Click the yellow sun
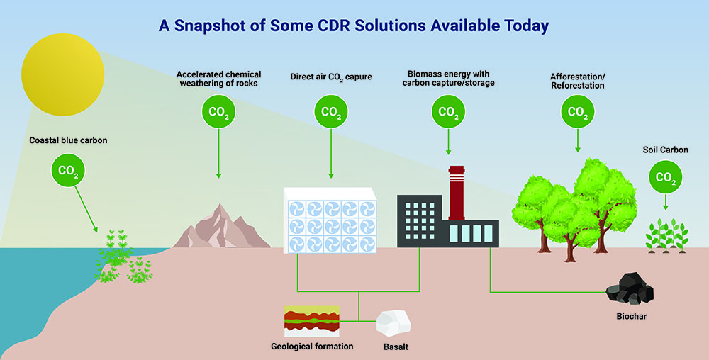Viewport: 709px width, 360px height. tap(63, 74)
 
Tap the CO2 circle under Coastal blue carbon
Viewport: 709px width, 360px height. tap(68, 170)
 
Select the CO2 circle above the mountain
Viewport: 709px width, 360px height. tap(218, 111)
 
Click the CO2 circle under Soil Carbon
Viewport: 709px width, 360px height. tap(666, 177)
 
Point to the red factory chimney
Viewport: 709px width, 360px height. tap(456, 193)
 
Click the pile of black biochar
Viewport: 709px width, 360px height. tap(630, 288)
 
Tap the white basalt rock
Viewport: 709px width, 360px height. tap(393, 323)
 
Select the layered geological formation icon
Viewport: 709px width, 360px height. tap(311, 321)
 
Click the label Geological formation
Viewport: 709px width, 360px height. tap(312, 347)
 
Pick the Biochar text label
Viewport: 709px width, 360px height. tap(632, 316)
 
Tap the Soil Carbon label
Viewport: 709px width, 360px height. tap(666, 150)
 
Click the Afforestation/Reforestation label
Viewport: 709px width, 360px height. tap(577, 80)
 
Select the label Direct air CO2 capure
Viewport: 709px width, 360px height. tap(331, 77)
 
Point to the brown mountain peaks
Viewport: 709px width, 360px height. tap(221, 226)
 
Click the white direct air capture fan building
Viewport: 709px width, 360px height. tap(330, 220)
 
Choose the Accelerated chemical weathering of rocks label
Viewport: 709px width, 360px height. tap(219, 79)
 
